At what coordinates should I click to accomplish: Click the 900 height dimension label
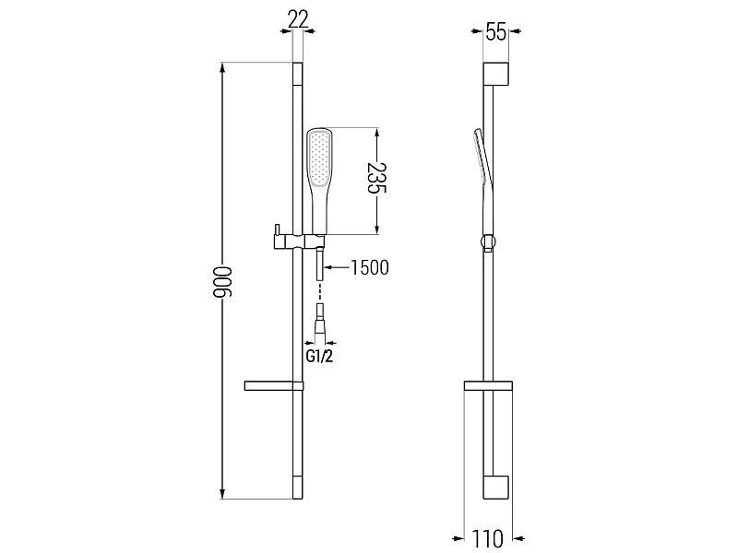222,282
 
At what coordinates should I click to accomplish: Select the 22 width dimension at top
298,18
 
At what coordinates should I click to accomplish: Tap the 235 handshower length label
375,178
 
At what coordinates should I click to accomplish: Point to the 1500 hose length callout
370,267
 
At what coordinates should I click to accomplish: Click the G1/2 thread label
319,356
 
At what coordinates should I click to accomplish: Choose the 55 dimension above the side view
496,32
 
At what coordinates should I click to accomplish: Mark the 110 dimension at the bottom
488,538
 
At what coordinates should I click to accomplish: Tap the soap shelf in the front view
273,385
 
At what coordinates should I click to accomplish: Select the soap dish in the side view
488,385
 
